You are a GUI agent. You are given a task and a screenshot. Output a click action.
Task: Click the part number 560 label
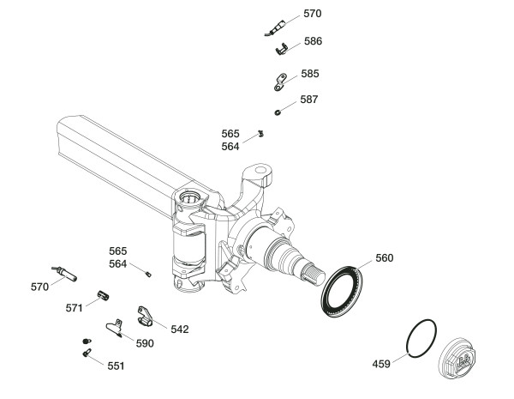pyautogui.click(x=385, y=257)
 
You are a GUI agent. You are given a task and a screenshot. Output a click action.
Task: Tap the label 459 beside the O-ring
pyautogui.click(x=381, y=364)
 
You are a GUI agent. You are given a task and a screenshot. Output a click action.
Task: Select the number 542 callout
pyautogui.click(x=179, y=329)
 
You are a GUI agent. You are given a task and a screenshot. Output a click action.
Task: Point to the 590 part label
pyautogui.click(x=144, y=343)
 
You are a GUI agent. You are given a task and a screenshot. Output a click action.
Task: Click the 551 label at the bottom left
pyautogui.click(x=116, y=366)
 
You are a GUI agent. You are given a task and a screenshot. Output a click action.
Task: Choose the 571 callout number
pyautogui.click(x=75, y=306)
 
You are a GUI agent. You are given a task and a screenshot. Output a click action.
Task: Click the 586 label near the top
pyautogui.click(x=313, y=40)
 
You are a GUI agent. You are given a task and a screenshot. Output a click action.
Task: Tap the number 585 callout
pyautogui.click(x=309, y=74)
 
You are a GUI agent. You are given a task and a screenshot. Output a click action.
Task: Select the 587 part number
pyautogui.click(x=308, y=100)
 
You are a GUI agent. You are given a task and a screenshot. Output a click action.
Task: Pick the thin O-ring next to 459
pyautogui.click(x=421, y=340)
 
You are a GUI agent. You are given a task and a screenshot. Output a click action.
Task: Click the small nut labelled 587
pyautogui.click(x=279, y=111)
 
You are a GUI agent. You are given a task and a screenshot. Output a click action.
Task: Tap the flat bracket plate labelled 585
pyautogui.click(x=277, y=83)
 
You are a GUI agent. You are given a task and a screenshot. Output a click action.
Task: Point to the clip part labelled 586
pyautogui.click(x=281, y=50)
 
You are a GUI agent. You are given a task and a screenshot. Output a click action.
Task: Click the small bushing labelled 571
pyautogui.click(x=104, y=295)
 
